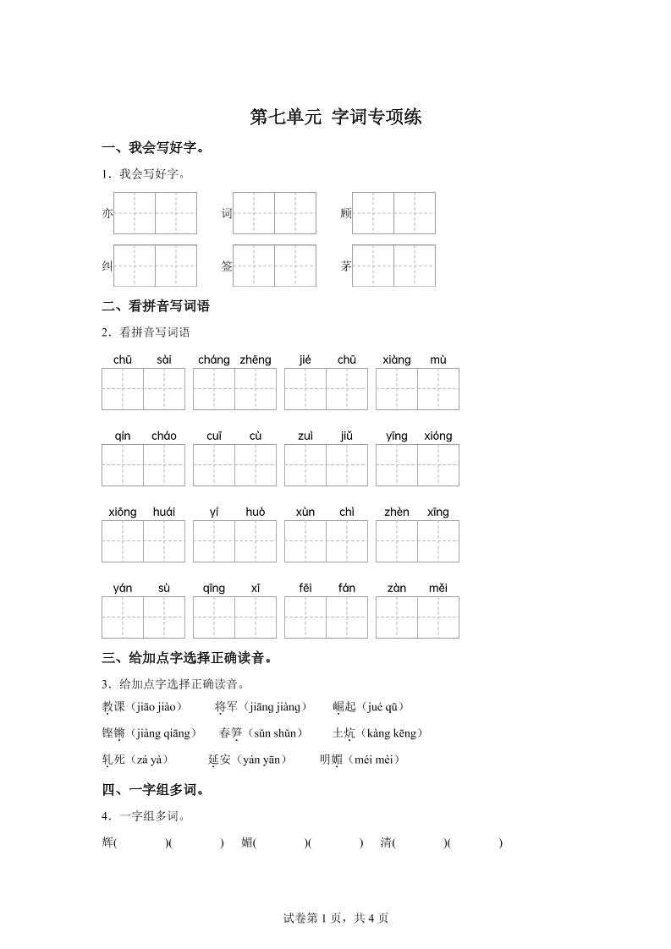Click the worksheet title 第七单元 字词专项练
click(335, 118)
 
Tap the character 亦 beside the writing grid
click(107, 214)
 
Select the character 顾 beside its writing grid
click(345, 214)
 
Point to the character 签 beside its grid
click(227, 266)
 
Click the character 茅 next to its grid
click(346, 266)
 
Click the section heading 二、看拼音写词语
click(155, 306)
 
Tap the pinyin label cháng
click(213, 359)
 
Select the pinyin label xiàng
click(396, 359)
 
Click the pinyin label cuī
click(213, 436)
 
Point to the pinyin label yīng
click(396, 436)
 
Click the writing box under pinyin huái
click(164, 541)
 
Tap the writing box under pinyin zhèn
click(396, 541)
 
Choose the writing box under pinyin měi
click(437, 617)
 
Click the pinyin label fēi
click(305, 588)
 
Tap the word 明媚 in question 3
click(331, 760)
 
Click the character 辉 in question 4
click(107, 842)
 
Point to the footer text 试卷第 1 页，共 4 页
click(335, 918)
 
